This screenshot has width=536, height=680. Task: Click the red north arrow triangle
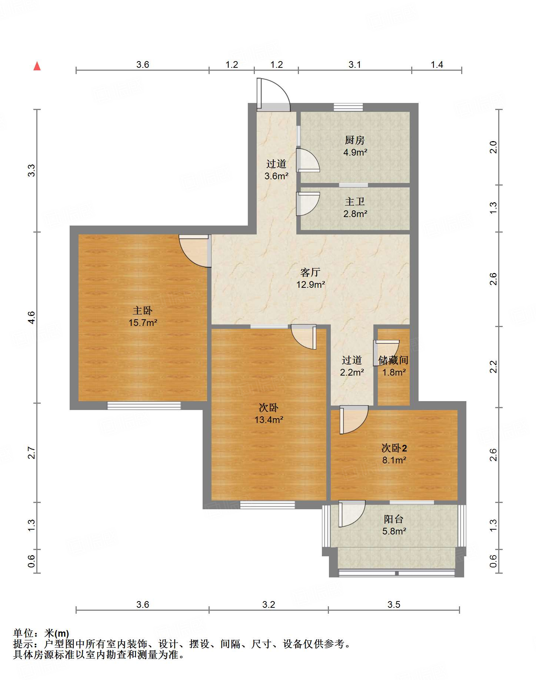[37, 66]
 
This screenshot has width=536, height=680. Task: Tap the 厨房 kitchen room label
[354, 140]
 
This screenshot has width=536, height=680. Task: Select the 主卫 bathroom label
[354, 201]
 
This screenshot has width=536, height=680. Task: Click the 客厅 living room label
[310, 272]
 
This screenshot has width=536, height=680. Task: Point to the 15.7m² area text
[143, 323]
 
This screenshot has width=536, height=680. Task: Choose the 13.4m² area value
[269, 420]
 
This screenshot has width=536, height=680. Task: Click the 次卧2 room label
[394, 448]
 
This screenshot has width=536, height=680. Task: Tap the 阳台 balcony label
[393, 519]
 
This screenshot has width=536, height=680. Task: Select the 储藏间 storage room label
[393, 360]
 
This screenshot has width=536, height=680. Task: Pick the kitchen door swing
[308, 160]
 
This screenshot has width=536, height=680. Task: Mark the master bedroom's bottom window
[144, 406]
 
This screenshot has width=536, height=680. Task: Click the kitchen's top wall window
[348, 107]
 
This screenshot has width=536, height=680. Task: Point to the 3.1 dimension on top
[354, 65]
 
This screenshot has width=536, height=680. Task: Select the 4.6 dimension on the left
[31, 317]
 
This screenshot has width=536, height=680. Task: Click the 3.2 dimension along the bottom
[269, 605]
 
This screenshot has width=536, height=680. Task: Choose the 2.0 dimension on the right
[493, 147]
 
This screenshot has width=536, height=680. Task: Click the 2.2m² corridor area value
[352, 372]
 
